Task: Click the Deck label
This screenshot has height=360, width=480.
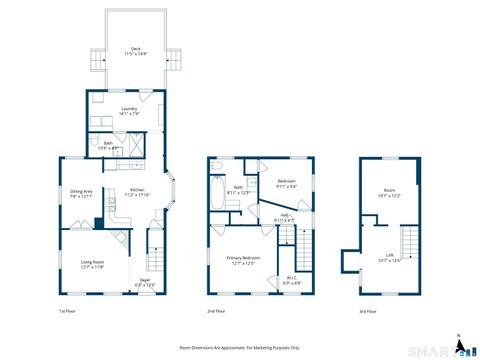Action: pyautogui.click(x=135, y=51)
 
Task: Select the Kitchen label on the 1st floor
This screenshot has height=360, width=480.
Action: pyautogui.click(x=137, y=192)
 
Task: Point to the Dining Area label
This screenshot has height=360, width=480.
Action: pyautogui.click(x=81, y=193)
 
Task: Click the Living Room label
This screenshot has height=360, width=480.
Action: pyautogui.click(x=93, y=265)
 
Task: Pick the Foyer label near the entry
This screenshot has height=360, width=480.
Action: pyautogui.click(x=145, y=283)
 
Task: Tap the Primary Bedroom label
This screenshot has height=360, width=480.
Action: pyautogui.click(x=245, y=261)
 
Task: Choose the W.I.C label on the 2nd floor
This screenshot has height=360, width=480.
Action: pyautogui.click(x=290, y=281)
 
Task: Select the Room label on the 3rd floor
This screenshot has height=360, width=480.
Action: pyautogui.click(x=390, y=195)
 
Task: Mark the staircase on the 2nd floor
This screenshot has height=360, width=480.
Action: pyautogui.click(x=288, y=240)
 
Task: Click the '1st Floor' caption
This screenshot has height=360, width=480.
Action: pyautogui.click(x=67, y=312)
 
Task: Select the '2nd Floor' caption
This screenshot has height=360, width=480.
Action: pyautogui.click(x=216, y=312)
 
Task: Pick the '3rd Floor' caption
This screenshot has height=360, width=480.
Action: pyautogui.click(x=367, y=312)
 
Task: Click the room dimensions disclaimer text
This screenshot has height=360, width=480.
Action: pyautogui.click(x=239, y=347)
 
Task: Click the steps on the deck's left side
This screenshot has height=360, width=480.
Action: pyautogui.click(x=97, y=59)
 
